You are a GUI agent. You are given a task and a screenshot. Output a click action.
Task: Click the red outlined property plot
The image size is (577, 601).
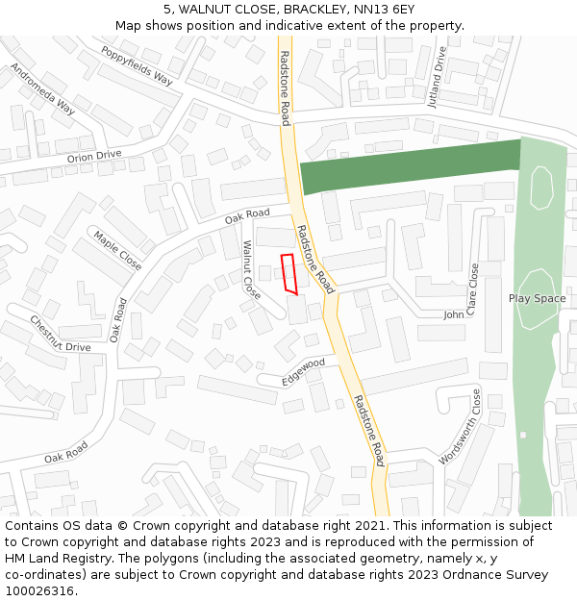(288, 272)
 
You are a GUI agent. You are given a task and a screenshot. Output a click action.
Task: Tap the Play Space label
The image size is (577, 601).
(537, 298)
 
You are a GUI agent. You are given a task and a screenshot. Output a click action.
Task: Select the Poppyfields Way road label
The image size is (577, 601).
(137, 65)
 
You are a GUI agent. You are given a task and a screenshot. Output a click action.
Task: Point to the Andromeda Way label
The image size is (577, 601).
(42, 88)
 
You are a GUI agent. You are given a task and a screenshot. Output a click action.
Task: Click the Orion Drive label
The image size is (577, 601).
(94, 156)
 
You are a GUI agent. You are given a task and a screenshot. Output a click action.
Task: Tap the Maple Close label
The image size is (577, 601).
(116, 250)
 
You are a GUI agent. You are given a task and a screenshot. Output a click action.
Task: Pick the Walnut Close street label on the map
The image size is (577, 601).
(251, 269)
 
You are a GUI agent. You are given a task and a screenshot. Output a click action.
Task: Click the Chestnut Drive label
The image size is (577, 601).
(60, 333)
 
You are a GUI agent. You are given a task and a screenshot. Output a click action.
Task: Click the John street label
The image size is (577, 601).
(453, 314)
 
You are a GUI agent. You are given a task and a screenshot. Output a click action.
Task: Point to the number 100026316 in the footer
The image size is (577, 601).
(39, 590)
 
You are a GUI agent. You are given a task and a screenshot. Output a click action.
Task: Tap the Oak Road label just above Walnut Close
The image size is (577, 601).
(247, 216)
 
